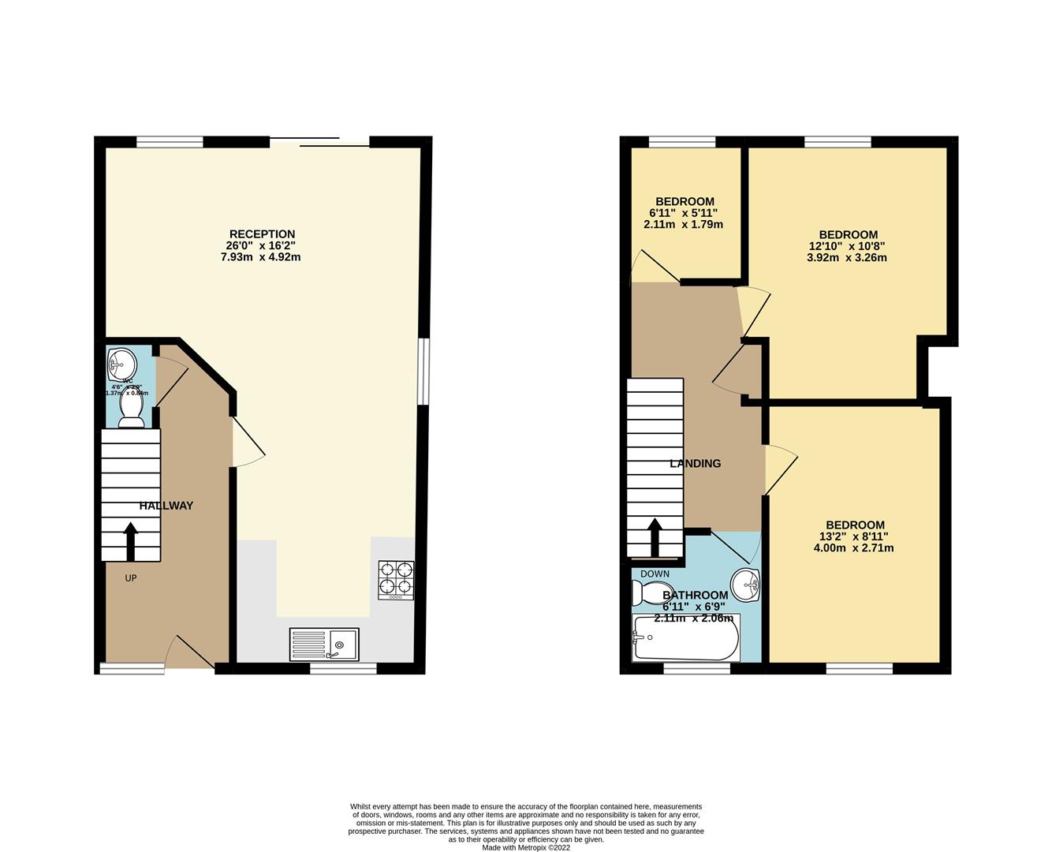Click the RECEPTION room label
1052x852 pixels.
click(x=262, y=234)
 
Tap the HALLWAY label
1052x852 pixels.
click(x=166, y=506)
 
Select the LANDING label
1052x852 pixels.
click(x=695, y=464)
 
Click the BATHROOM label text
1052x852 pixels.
click(x=695, y=596)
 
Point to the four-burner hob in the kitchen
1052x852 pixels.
click(x=396, y=580)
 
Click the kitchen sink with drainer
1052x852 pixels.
click(x=324, y=644)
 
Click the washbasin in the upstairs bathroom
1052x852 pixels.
click(x=745, y=584)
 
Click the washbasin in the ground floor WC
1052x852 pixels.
click(x=121, y=364)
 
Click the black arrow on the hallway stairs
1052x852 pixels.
click(x=131, y=540)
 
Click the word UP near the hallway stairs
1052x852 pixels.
click(x=131, y=578)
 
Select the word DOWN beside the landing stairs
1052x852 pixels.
click(x=655, y=574)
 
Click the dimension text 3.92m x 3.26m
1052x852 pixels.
click(x=847, y=257)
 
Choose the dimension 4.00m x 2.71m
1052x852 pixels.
click(x=854, y=547)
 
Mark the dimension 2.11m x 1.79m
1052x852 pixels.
click(x=683, y=224)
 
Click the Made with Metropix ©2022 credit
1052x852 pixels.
click(x=526, y=848)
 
